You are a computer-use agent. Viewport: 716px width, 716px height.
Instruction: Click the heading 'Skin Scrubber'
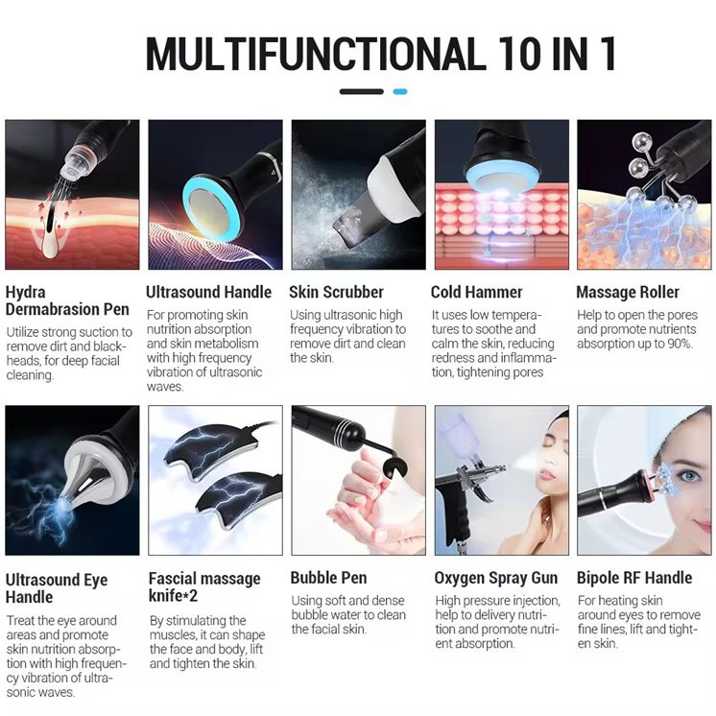[x=336, y=292]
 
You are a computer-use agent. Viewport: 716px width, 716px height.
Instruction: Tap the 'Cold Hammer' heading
[x=476, y=292]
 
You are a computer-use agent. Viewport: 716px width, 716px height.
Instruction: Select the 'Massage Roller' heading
[x=628, y=292]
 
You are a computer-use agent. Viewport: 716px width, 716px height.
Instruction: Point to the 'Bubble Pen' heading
[x=329, y=578]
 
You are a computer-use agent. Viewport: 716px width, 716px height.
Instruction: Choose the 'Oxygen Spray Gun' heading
[x=496, y=578]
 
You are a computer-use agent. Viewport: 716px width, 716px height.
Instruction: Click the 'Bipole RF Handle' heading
[x=634, y=578]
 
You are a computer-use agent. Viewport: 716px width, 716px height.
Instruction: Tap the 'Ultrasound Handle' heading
[x=208, y=292]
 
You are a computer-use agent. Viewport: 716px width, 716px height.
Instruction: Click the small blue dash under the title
[x=400, y=92]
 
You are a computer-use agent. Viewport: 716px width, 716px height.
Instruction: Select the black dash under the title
[x=361, y=92]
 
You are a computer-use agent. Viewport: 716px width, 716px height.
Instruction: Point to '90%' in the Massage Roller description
[x=680, y=344]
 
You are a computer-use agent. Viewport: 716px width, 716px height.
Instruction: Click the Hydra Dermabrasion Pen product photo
[x=72, y=195]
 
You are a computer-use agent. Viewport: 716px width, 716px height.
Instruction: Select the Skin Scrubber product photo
[x=358, y=195]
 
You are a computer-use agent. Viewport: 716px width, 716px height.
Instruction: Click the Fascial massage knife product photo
[x=216, y=481]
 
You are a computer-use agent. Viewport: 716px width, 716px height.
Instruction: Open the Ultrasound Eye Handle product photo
[x=72, y=481]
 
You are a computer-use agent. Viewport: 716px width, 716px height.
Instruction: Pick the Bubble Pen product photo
[x=358, y=481]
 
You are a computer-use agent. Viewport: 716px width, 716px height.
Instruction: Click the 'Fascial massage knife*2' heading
[x=204, y=586]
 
